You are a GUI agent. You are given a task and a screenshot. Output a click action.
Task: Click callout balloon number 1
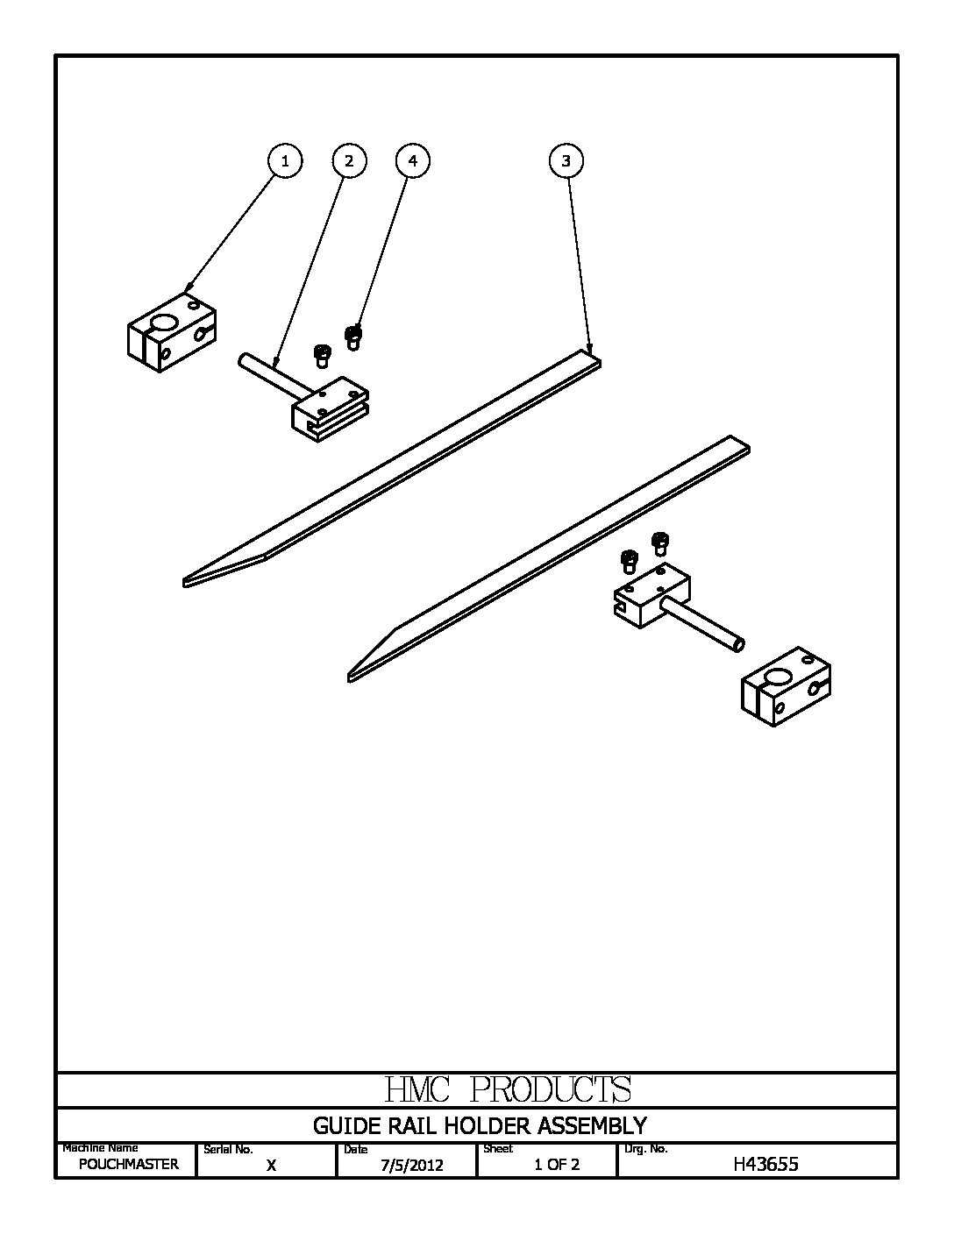coord(284,160)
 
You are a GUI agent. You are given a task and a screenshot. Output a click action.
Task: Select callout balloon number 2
coord(349,160)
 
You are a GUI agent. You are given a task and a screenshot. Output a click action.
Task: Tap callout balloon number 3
coord(566,160)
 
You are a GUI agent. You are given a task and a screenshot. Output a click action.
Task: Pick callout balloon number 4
coord(413,160)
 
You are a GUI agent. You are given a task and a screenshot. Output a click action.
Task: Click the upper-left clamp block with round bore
coord(171,330)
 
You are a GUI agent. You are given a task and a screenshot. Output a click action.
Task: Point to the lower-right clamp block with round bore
coord(786,687)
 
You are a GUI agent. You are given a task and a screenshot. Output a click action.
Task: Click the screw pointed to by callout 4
coord(353,336)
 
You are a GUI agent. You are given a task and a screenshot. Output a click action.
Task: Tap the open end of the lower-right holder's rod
coord(740,645)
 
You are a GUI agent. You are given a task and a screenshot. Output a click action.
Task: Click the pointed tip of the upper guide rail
coord(189,580)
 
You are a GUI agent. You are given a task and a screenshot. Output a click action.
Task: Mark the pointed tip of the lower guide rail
coord(352,675)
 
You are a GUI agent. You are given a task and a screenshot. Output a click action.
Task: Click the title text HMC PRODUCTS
coord(508,1089)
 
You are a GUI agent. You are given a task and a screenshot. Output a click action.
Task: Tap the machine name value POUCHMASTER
coord(128,1164)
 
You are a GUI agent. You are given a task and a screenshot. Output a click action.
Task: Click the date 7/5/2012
coord(411,1165)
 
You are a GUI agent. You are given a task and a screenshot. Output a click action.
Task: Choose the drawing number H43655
coord(765,1164)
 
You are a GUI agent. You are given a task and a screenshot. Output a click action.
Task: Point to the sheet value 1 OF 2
coord(557,1165)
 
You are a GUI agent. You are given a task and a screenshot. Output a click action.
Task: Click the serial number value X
coord(271,1165)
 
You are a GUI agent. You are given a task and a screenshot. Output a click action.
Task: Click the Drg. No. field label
coord(645,1148)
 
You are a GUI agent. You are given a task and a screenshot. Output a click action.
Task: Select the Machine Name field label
coord(100,1147)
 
